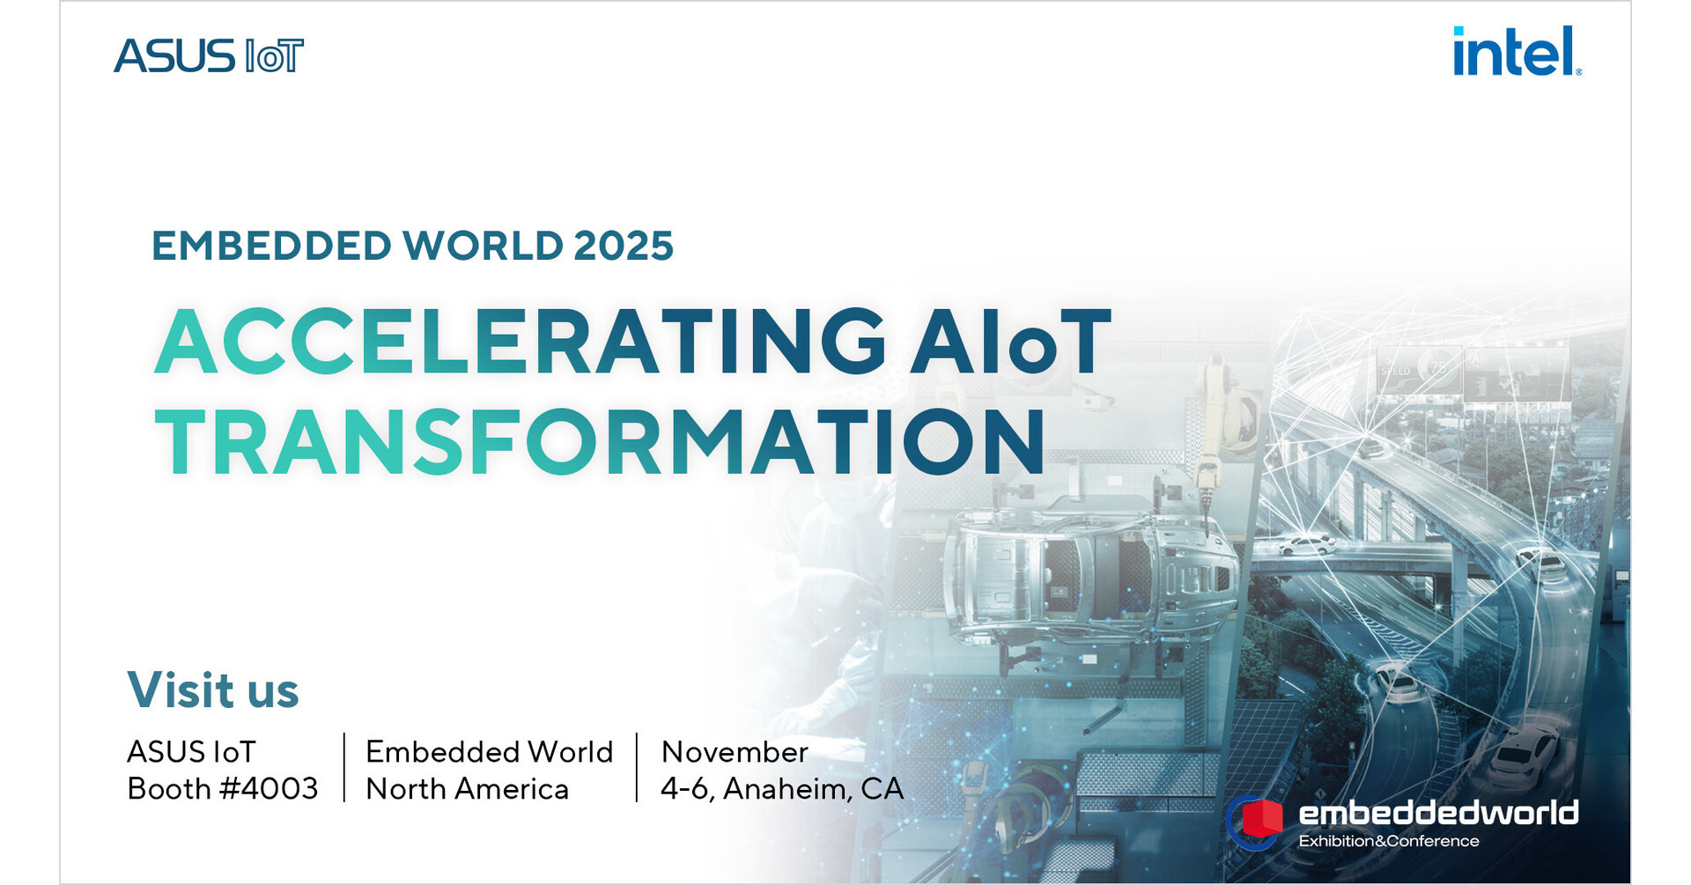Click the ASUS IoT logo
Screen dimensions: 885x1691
click(209, 55)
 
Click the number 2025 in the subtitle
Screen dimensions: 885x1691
click(624, 246)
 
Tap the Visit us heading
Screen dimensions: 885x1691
click(213, 690)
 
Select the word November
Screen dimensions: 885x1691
click(735, 752)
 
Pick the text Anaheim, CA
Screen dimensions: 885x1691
click(814, 789)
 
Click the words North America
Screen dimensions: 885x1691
click(467, 789)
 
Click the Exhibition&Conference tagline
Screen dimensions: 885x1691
click(1389, 841)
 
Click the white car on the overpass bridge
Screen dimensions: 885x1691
click(1306, 545)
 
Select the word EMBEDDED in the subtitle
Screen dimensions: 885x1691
click(271, 246)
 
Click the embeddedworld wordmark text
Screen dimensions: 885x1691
click(1438, 812)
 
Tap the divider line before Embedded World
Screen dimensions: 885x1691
click(343, 767)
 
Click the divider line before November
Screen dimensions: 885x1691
click(636, 767)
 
